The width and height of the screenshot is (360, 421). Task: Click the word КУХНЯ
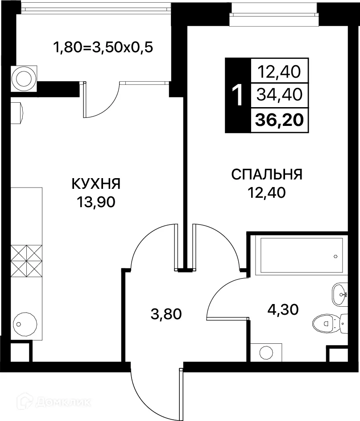[x=96, y=183]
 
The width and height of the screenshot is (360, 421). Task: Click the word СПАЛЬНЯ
[x=267, y=174]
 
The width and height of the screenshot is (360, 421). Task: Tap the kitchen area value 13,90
[x=96, y=202]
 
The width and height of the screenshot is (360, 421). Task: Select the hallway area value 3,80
[x=166, y=315]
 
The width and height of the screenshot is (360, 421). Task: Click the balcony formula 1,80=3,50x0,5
[x=103, y=47]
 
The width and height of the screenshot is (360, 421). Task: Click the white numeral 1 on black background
[x=238, y=95]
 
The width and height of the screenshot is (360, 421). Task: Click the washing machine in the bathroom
[x=266, y=352]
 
